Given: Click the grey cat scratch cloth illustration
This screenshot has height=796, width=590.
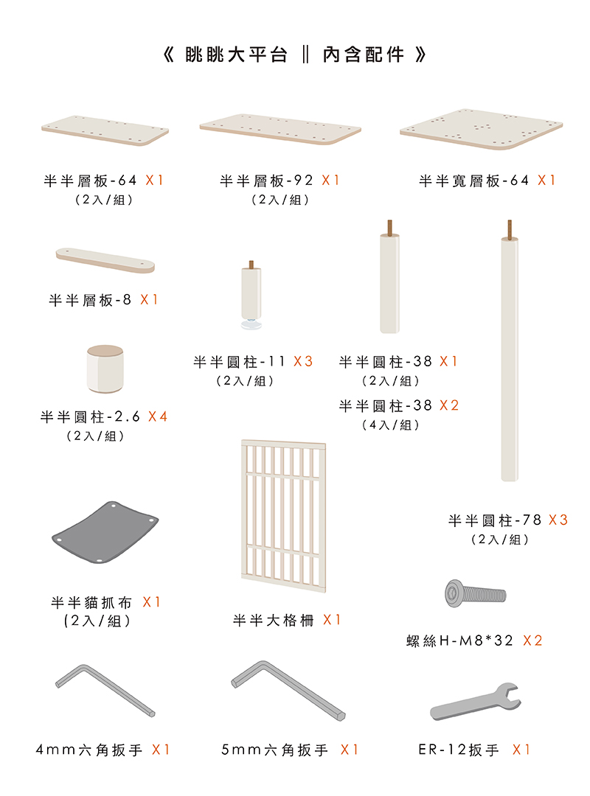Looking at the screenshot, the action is [105, 532].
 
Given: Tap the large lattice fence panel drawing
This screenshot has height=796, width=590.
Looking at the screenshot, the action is [283, 516].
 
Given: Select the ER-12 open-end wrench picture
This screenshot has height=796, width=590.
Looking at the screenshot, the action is [475, 702].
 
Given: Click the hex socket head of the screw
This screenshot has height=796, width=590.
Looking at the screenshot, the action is [453, 593].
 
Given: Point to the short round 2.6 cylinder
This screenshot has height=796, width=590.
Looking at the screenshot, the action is [105, 369].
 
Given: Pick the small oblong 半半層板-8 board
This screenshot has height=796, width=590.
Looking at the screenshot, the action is [105, 260].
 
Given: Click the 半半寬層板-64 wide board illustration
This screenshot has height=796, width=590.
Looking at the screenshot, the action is [481, 129].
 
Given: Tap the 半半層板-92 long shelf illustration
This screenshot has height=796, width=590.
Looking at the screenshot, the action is [280, 129].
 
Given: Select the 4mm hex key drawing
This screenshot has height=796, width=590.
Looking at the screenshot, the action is [104, 690].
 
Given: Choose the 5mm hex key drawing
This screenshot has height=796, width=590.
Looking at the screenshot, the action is [287, 689].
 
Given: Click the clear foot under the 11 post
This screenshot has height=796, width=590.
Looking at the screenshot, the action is [251, 324].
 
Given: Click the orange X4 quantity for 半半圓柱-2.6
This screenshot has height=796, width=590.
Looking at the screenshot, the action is [158, 416].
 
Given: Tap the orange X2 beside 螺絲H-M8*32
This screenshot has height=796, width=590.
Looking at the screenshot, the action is [532, 640].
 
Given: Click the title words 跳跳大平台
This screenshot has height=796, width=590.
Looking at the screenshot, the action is [236, 55].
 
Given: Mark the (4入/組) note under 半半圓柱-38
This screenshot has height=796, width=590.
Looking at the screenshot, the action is [391, 425].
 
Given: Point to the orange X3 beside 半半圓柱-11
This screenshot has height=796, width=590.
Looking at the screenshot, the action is [303, 361].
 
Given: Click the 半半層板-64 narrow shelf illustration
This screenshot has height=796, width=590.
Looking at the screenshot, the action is [105, 130].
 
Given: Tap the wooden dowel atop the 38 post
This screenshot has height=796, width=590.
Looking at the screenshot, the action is [390, 227].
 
